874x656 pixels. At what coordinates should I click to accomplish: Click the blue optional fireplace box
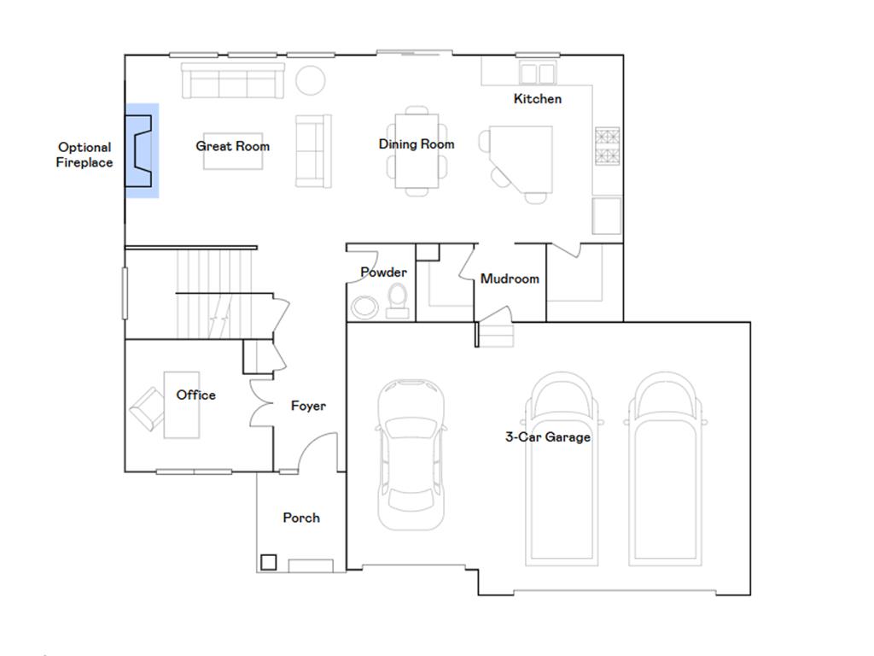(x=142, y=150)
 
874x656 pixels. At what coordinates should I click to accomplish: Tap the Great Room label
(x=232, y=146)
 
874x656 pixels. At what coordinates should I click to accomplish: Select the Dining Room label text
(x=417, y=144)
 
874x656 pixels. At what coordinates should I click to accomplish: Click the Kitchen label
(x=538, y=99)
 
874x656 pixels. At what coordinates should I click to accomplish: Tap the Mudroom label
(x=510, y=279)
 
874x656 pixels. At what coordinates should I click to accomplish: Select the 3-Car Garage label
(x=547, y=437)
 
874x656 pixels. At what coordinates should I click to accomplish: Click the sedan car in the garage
(x=411, y=453)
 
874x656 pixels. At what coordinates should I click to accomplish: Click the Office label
(x=195, y=395)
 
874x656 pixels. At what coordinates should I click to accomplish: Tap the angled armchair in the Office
(x=146, y=407)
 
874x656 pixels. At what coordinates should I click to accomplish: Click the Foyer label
(x=308, y=407)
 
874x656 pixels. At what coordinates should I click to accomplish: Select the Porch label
(x=301, y=518)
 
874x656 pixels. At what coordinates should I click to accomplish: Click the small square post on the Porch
(x=268, y=562)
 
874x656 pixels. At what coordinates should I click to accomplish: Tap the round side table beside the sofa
(x=311, y=81)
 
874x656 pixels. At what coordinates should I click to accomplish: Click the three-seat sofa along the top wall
(x=232, y=81)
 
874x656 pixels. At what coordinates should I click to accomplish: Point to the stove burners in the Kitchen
(x=607, y=146)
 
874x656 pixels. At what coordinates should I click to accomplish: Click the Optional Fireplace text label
(x=84, y=155)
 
